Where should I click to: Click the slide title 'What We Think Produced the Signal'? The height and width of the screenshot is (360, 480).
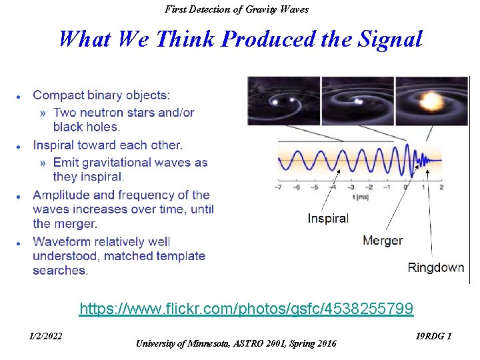click(240, 39)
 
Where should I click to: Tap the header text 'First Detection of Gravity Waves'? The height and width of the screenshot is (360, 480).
click(237, 9)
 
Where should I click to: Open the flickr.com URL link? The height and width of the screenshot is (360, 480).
click(246, 309)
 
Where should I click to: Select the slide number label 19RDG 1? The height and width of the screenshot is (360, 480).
click(433, 336)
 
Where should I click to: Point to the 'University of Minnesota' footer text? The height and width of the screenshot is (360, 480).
click(236, 343)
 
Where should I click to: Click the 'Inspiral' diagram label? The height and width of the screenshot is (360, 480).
click(327, 218)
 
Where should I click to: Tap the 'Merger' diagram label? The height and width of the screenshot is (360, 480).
click(382, 240)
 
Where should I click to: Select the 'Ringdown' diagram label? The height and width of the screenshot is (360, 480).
click(435, 267)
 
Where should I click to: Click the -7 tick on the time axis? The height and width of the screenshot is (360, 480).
click(278, 187)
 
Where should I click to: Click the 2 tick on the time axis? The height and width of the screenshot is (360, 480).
click(441, 187)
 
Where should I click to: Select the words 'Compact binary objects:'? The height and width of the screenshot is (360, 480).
click(101, 96)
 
